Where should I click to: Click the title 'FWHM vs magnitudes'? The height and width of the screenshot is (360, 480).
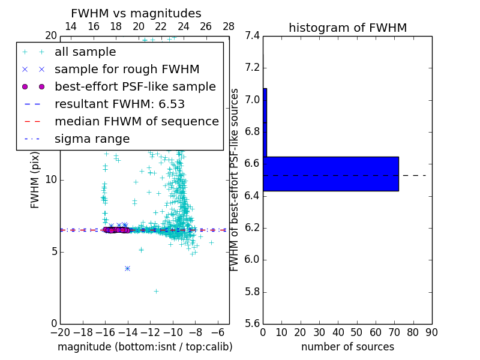coord(136,14)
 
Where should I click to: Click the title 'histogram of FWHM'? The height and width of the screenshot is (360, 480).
coord(347,28)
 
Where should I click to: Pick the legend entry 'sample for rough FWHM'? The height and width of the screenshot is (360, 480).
coord(127,69)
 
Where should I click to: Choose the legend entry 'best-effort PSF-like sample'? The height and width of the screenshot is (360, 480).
coord(135,86)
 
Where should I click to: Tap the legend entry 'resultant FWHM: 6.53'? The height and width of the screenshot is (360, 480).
coord(119,104)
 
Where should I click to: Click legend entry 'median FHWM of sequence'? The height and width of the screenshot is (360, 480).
coord(136,121)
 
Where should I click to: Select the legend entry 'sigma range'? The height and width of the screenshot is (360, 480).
coord(92,139)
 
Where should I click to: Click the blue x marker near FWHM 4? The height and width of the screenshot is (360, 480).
coord(127,268)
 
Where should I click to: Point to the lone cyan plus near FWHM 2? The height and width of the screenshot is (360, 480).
coord(156,291)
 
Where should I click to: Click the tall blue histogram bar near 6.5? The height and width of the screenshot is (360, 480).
coord(331,174)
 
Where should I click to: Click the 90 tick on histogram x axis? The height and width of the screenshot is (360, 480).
coord(431,332)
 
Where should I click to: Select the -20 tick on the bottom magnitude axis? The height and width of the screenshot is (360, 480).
coord(60,332)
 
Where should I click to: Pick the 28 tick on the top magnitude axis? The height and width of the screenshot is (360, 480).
coord(229,26)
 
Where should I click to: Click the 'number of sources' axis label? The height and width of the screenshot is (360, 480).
coord(347,347)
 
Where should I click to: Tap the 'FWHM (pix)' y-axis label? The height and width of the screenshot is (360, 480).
coord(35,179)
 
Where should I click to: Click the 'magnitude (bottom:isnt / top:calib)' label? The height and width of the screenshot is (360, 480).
coord(145,347)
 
